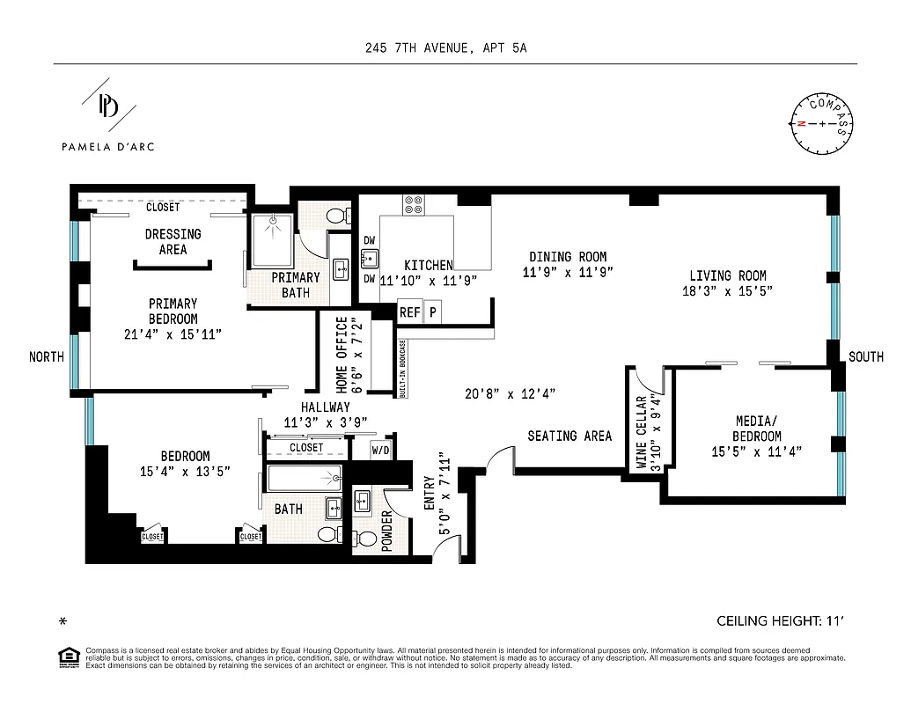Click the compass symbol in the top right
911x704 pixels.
click(x=822, y=123)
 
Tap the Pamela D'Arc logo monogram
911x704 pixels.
click(x=108, y=106)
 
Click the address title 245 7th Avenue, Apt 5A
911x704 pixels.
click(x=446, y=48)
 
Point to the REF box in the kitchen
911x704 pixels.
click(x=409, y=312)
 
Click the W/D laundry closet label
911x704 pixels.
click(x=381, y=450)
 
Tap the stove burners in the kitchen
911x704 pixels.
click(x=414, y=204)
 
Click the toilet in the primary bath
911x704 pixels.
click(x=335, y=216)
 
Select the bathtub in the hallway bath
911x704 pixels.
click(x=304, y=480)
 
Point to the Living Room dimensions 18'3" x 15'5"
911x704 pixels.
click(x=727, y=291)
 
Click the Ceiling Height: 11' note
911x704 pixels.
click(x=780, y=621)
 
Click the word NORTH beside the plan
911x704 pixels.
click(x=47, y=356)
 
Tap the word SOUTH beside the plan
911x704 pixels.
click(x=866, y=356)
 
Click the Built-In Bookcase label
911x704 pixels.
click(x=402, y=369)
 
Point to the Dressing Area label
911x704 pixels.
click(x=173, y=241)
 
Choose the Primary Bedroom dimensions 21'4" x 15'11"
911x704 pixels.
click(x=173, y=334)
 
